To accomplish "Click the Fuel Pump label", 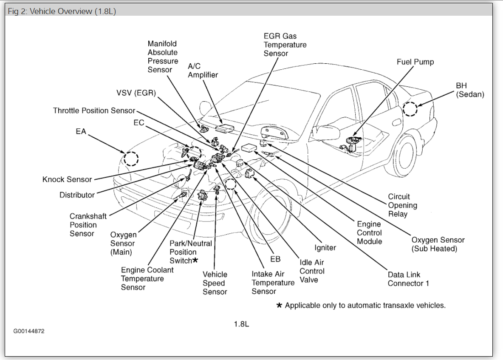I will click(415, 62).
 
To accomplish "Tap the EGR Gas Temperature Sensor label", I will click(285, 45).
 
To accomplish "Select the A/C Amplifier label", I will click(203, 71).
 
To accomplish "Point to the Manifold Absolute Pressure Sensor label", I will click(163, 57).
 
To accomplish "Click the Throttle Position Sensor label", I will click(94, 111).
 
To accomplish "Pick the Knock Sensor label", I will click(67, 179).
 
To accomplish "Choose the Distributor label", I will click(77, 195).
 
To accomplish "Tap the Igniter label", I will click(325, 248).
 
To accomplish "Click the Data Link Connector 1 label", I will click(408, 279).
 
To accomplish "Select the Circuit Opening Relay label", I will click(402, 205).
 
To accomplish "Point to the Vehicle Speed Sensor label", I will click(215, 283).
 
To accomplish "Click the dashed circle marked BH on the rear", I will click(410, 109).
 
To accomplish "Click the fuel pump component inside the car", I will click(350, 143).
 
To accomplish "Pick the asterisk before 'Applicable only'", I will click(279, 305).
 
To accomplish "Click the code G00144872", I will click(28, 331).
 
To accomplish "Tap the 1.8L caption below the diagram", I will click(241, 324).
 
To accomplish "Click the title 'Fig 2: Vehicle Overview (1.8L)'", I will click(62, 11).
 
